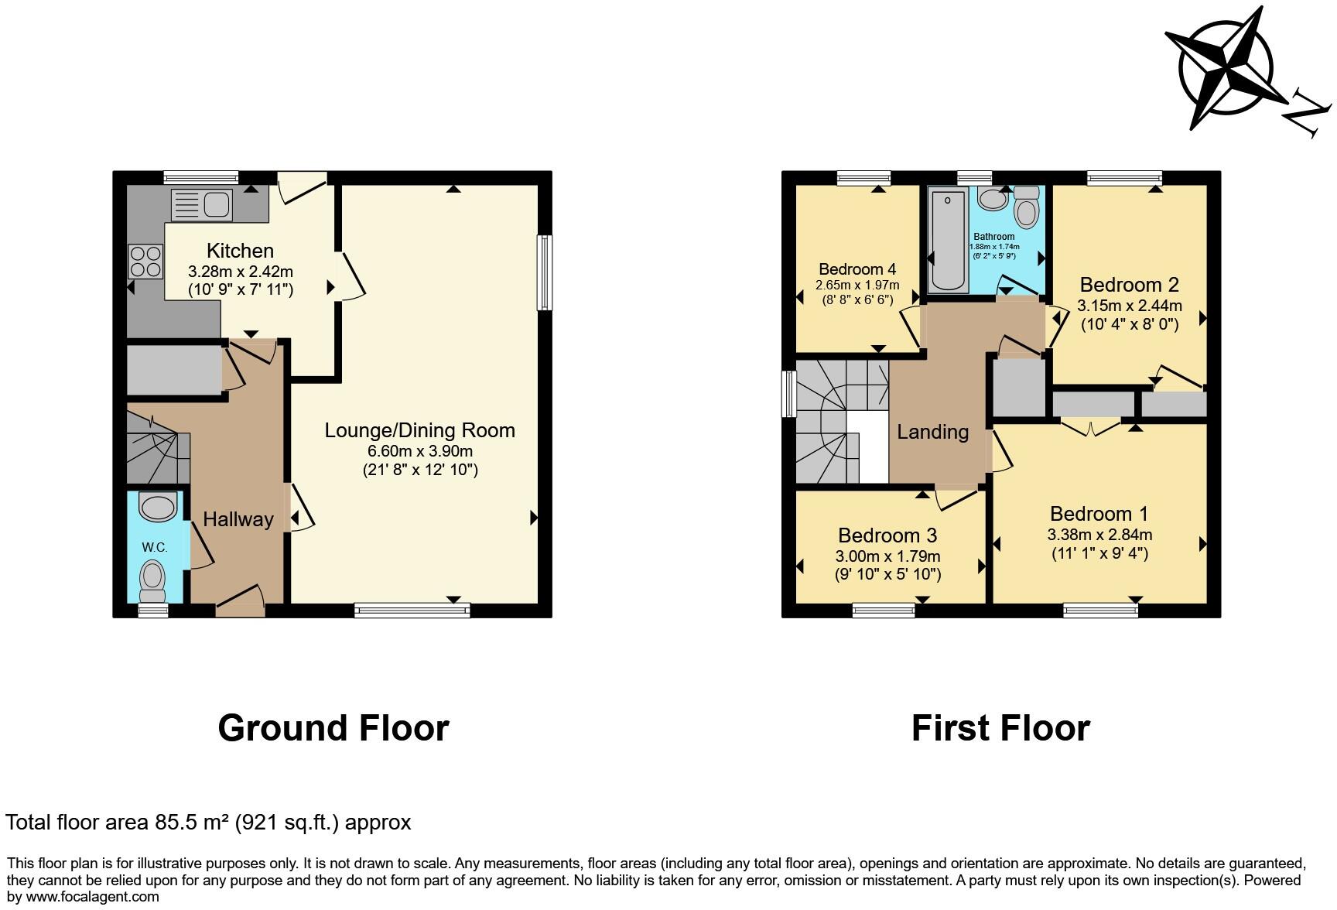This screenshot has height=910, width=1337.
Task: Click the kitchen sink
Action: point(202,205)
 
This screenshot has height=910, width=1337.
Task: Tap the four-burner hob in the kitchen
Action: point(145,261)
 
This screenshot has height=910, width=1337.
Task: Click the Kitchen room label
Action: point(240,251)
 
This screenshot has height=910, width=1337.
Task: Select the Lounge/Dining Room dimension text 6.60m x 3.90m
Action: point(420,451)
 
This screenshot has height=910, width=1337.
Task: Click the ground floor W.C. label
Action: point(155,547)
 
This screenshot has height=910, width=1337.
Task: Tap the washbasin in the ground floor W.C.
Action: point(158,508)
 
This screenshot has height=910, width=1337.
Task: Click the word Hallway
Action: point(238,519)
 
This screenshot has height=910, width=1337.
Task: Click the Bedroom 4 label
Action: point(857,269)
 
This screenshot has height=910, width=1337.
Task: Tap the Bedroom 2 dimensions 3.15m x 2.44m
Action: point(1130,306)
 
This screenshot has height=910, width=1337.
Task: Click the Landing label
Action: point(932,432)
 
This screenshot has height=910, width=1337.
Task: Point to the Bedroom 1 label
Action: point(1099,514)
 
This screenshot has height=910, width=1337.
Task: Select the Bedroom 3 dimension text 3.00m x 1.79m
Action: point(887,556)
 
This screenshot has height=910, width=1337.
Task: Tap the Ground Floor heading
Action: point(333,728)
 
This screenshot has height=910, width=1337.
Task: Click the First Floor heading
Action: point(1000,728)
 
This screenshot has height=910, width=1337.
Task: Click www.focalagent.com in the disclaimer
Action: point(91,897)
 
